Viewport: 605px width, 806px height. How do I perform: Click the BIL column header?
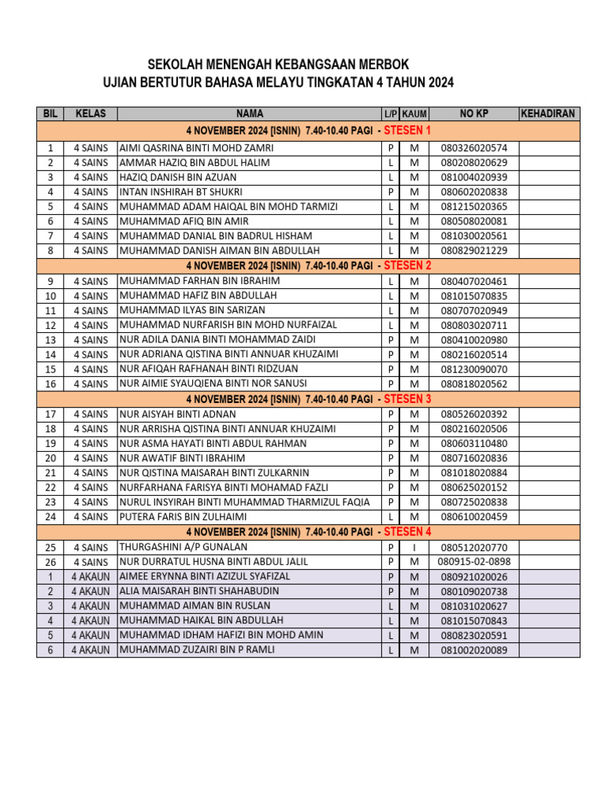(x=50, y=114)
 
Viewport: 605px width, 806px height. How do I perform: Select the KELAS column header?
(x=91, y=114)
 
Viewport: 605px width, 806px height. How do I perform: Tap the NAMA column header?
(x=249, y=114)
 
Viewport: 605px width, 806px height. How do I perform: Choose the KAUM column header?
(x=414, y=114)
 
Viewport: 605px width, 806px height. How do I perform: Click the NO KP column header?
(x=474, y=114)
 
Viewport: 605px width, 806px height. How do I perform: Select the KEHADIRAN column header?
(x=549, y=114)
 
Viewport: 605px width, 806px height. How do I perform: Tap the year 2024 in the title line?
(x=440, y=83)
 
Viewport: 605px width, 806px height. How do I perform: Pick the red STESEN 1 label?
(x=407, y=130)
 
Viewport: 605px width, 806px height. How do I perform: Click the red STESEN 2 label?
(x=407, y=265)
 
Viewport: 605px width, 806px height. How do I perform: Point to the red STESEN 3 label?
(x=407, y=399)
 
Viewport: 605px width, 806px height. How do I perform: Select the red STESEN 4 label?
(x=407, y=532)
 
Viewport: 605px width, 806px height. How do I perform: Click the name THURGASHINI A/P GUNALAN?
(x=184, y=547)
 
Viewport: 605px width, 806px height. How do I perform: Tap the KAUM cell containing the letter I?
(x=414, y=547)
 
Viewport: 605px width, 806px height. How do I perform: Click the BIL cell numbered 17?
(x=50, y=414)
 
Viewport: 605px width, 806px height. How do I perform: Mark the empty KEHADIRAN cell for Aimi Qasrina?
(x=549, y=148)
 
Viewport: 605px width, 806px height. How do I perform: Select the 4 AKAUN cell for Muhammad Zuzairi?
(x=91, y=650)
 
